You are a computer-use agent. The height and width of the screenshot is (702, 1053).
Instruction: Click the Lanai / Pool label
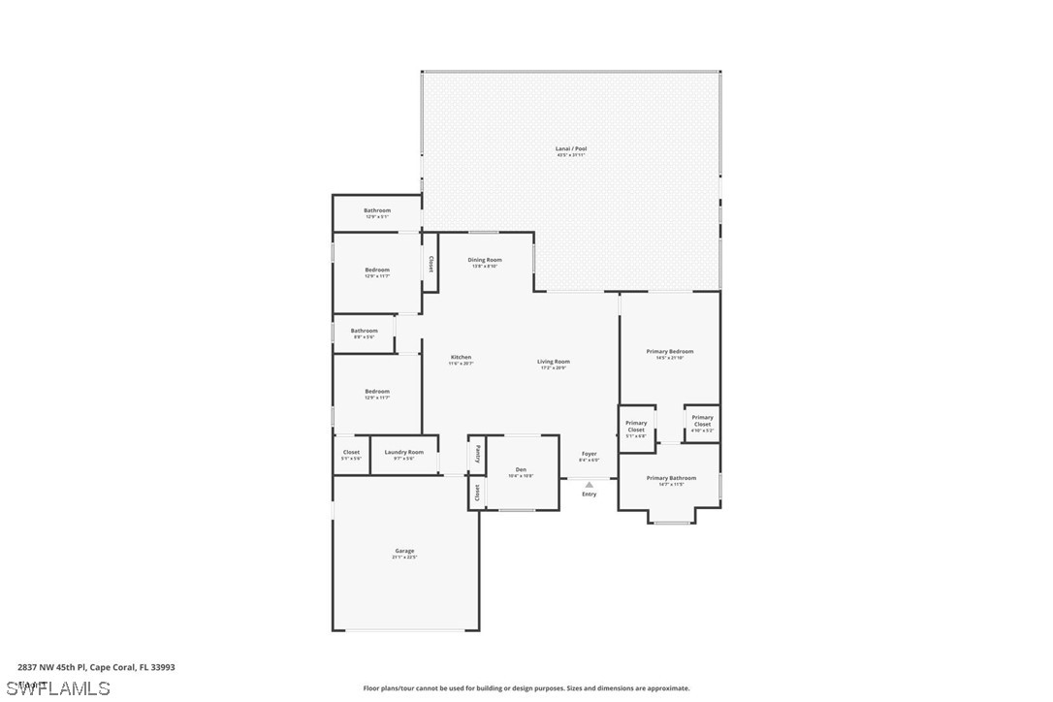pyautogui.click(x=571, y=149)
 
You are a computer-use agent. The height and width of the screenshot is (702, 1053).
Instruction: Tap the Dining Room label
pyautogui.click(x=485, y=260)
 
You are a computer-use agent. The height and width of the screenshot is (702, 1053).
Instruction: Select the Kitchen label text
pyautogui.click(x=461, y=358)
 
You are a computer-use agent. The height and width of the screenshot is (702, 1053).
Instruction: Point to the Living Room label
pyautogui.click(x=554, y=362)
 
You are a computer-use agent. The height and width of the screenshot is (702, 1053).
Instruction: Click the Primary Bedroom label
pyautogui.click(x=670, y=352)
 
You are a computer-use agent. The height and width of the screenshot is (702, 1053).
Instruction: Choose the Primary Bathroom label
pyautogui.click(x=671, y=478)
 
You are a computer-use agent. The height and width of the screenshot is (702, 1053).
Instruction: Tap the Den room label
pyautogui.click(x=521, y=470)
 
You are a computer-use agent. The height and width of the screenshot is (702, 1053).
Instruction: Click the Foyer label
pyautogui.click(x=590, y=454)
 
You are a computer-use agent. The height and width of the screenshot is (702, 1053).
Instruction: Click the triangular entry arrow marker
pyautogui.click(x=589, y=484)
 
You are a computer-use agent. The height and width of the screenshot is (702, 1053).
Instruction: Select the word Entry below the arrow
pyautogui.click(x=590, y=495)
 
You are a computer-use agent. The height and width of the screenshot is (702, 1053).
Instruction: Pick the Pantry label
pyautogui.click(x=477, y=453)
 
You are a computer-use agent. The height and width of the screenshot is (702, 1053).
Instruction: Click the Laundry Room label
pyautogui.click(x=403, y=452)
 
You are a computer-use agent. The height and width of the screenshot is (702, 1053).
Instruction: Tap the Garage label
pyautogui.click(x=404, y=551)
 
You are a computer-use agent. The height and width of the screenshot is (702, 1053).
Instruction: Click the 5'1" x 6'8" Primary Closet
pyautogui.click(x=636, y=427)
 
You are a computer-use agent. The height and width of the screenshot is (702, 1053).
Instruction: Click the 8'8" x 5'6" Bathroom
pyautogui.click(x=364, y=332)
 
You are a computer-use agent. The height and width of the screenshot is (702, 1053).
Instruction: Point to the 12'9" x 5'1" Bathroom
pyautogui.click(x=377, y=211)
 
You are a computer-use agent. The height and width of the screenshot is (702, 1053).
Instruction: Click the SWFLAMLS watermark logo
pyautogui.click(x=58, y=688)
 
